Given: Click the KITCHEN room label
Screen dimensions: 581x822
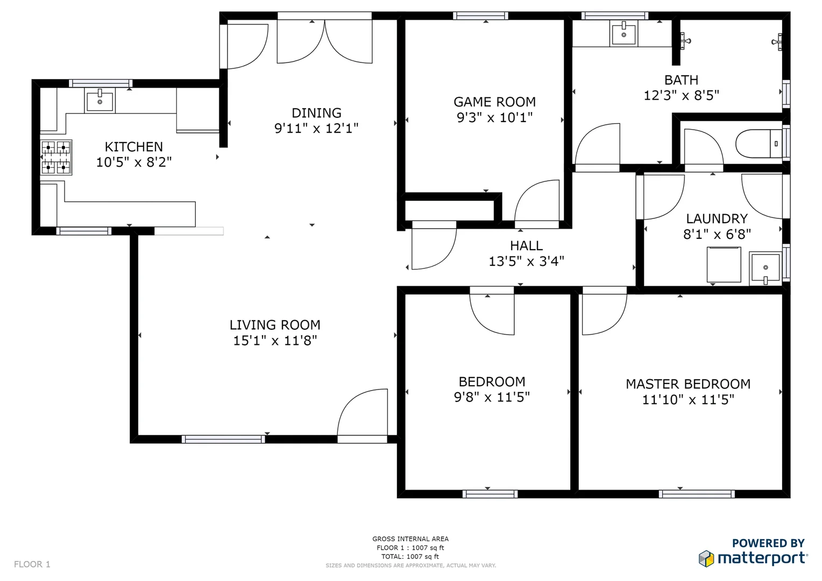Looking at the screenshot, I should pos(133,147).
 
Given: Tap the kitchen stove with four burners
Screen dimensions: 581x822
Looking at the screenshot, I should pos(56,157).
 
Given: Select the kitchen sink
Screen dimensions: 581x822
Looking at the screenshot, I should pos(100,101).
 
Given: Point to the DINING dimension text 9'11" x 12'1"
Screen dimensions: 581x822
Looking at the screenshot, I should pos(316,129).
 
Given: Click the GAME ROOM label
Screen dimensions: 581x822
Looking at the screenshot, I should pos(494,102).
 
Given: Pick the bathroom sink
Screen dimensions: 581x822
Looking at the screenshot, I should pos(623,34).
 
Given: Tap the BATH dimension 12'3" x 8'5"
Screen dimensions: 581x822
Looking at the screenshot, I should pos(681,96).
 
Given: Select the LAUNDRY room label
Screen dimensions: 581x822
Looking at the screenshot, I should pos(717,219).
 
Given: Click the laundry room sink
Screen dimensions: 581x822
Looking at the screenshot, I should pos(764,268).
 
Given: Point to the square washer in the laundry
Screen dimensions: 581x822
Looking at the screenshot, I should pos(724,265).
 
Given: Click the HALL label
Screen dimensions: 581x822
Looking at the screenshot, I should pos(526,246).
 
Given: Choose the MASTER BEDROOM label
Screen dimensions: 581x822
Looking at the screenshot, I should pos(688,384).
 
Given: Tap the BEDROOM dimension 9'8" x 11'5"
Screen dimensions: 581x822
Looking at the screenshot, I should pos(492,398).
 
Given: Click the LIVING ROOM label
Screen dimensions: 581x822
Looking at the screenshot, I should pos(275,325).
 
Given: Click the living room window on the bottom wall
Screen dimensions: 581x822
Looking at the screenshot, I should pos(223,440).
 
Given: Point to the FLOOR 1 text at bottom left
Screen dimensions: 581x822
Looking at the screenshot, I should pos(32,564).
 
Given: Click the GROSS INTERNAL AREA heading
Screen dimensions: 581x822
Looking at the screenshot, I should pos(410,539).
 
